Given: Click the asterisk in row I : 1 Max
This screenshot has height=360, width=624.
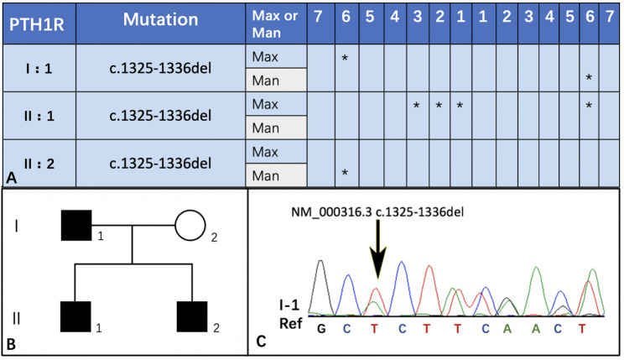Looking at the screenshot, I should (x=344, y=58).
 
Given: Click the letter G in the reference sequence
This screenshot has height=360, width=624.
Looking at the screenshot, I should (x=320, y=329).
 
